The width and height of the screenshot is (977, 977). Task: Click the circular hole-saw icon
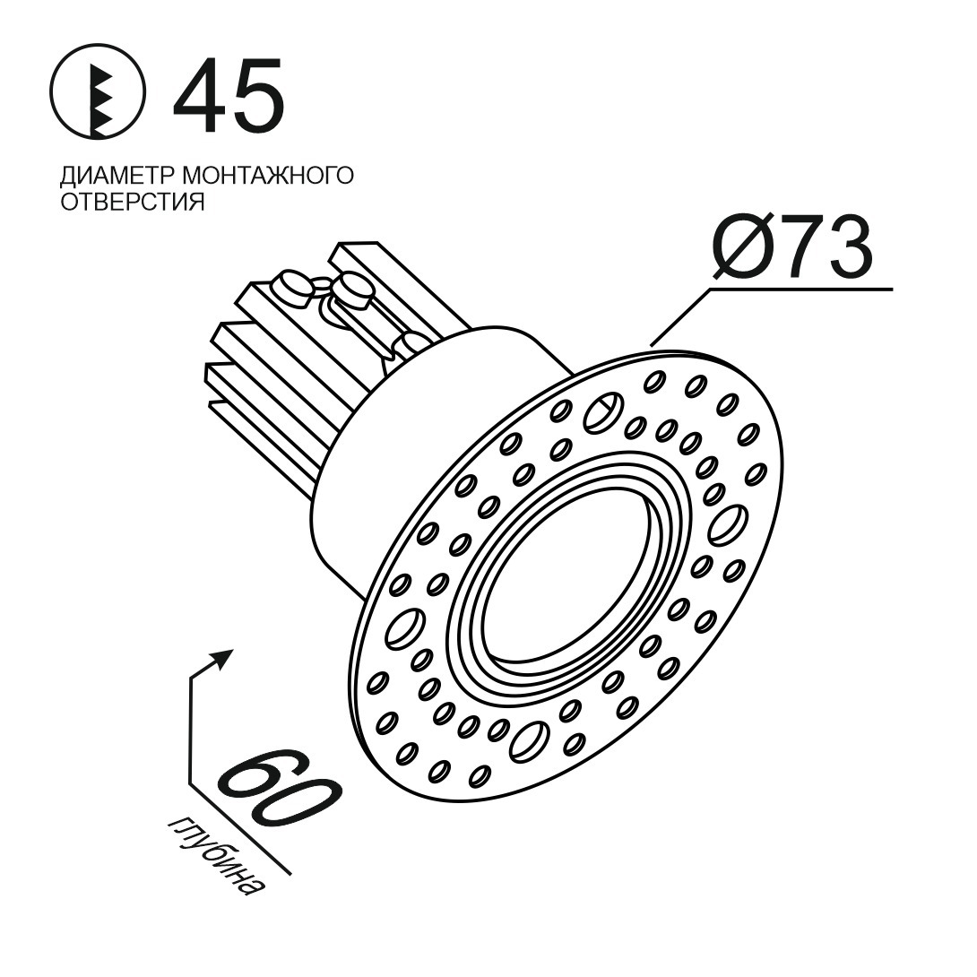click(x=98, y=92)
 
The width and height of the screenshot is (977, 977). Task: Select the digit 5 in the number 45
click(x=257, y=95)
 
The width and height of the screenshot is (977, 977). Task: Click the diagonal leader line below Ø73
click(x=681, y=316)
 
